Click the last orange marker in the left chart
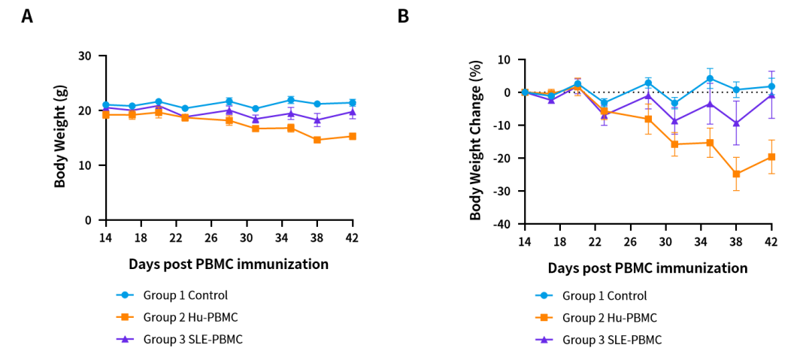click(353, 136)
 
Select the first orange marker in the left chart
click(105, 115)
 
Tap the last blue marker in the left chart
click(353, 103)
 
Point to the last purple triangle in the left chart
click(353, 112)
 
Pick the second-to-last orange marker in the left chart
click(317, 139)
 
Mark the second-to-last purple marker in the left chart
click(317, 119)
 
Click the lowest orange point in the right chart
click(736, 174)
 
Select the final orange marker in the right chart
click(771, 156)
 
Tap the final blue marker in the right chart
click(771, 86)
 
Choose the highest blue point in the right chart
click(710, 77)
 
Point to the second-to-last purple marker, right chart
click(736, 123)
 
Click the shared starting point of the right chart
click(525, 92)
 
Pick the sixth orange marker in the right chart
click(674, 144)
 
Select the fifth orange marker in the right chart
click(648, 119)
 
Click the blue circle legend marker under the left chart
click(125, 295)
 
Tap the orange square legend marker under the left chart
click(125, 317)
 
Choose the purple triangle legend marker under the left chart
click(125, 339)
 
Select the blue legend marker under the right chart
click(544, 295)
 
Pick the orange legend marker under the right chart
click(544, 317)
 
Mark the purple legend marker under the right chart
click(544, 340)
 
